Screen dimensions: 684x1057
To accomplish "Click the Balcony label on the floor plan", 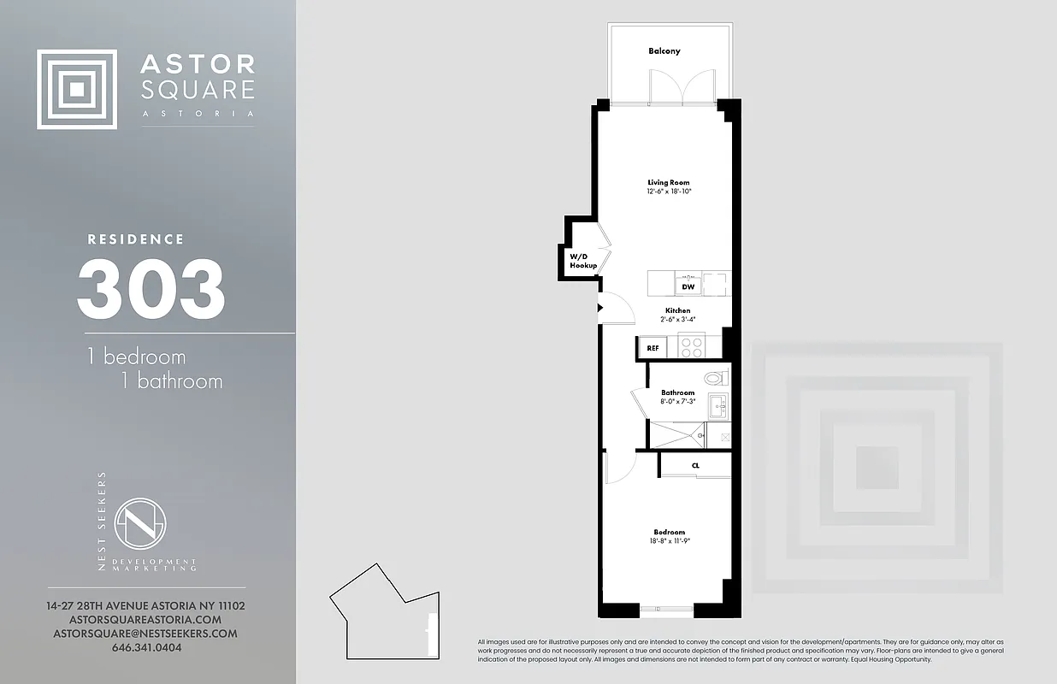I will coord(664,51).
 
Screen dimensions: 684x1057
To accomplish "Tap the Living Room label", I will coord(668,182).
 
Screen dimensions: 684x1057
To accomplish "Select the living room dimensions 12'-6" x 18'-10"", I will coord(668,192).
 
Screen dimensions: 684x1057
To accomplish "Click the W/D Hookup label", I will coord(583,261).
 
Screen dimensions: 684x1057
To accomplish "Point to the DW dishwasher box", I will coord(688,287).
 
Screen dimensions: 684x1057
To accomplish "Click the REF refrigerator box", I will coord(653,348).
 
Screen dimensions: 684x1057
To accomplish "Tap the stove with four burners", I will coord(691,346).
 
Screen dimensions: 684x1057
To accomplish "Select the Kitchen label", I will coord(678,310).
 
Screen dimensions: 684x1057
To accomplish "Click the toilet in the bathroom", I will coord(714,377).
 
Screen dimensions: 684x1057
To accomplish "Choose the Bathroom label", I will coord(677,392).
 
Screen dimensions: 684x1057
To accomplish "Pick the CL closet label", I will coord(695,465).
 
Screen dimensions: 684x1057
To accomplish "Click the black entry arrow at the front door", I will coord(600,307).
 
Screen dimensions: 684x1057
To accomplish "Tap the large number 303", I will coord(151,289).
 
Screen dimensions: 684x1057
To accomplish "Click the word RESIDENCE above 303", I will coord(136,239).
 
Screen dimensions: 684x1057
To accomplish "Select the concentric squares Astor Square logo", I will coord(77,89).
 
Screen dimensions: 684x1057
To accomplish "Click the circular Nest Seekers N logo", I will coord(140,524).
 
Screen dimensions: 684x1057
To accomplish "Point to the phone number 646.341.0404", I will coord(146,647).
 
